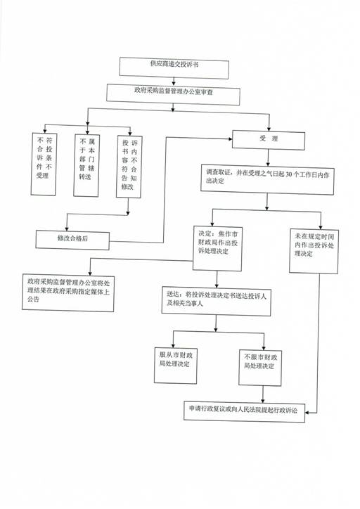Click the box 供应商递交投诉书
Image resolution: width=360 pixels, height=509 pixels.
tap(174, 68)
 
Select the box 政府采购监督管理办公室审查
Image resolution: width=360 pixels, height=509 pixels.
tap(174, 94)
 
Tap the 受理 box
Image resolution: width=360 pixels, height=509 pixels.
tap(269, 140)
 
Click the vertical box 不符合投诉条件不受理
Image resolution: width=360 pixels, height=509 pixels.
tap(44, 165)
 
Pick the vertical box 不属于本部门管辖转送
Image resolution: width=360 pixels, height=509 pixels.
tap(86, 165)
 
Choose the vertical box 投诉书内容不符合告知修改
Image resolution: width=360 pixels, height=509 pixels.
tap(129, 167)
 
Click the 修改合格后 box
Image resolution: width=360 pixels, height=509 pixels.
tap(72, 240)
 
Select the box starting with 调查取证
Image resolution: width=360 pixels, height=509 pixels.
tap(267, 179)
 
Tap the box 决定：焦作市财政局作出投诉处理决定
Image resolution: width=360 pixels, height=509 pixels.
tap(217, 248)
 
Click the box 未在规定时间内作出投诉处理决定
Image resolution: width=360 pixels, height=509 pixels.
tap(314, 251)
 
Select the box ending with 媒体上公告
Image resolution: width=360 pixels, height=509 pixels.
tap(68, 292)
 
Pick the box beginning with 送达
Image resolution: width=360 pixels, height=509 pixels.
tap(216, 301)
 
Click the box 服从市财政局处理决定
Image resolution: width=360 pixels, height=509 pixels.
tap(176, 366)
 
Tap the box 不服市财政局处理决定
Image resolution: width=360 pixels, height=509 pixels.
tap(260, 368)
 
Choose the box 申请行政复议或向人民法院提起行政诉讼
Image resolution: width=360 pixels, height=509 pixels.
tap(245, 411)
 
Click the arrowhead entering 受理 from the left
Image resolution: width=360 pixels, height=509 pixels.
tap(231, 139)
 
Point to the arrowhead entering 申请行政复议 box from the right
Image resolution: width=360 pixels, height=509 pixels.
tap(307, 413)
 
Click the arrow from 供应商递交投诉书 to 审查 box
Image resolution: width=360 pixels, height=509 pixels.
tap(174, 81)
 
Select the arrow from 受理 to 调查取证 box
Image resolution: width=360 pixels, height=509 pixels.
tap(268, 157)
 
